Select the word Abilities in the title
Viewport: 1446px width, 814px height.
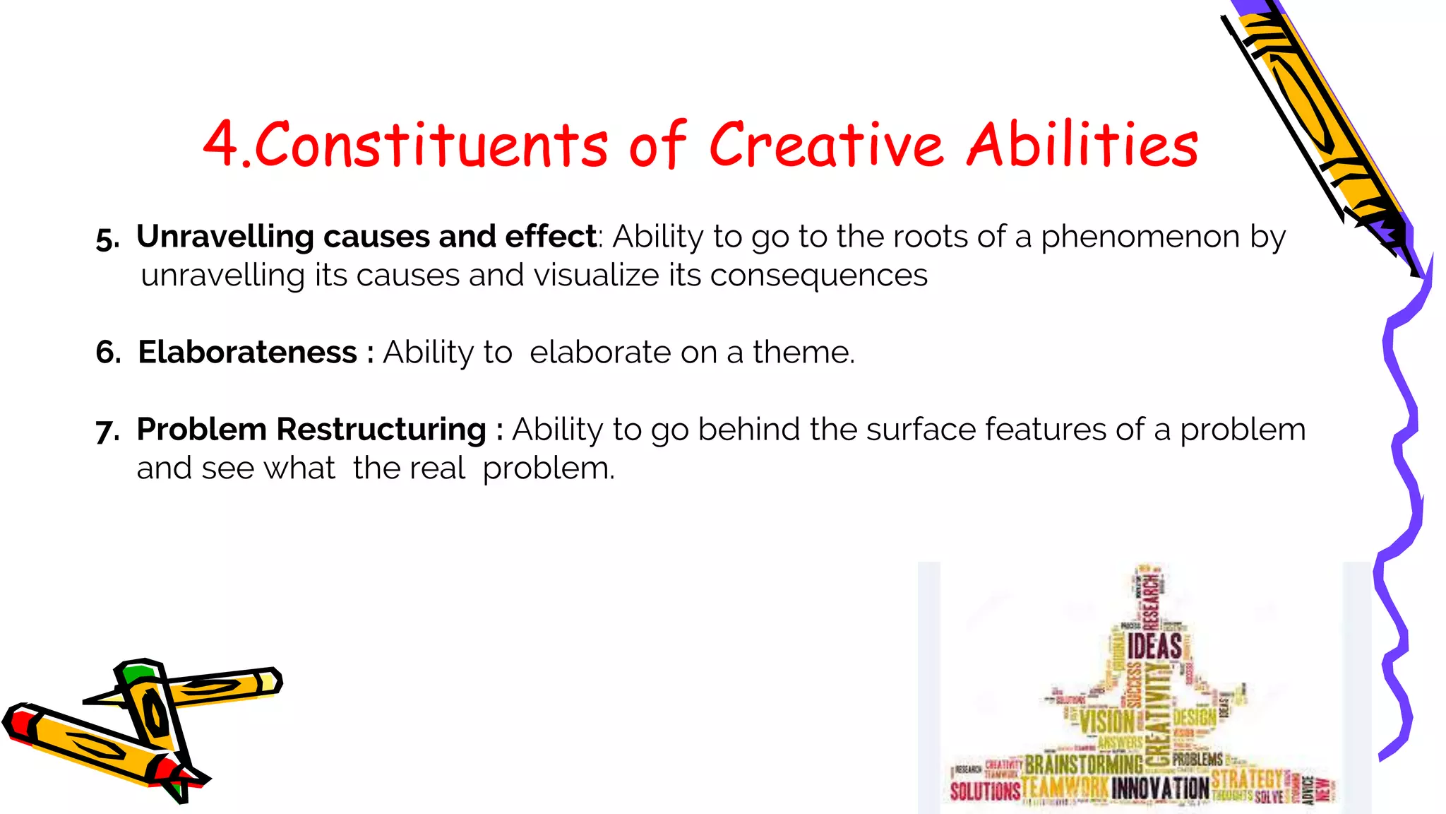pos(1082,145)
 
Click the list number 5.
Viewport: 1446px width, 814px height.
pos(107,239)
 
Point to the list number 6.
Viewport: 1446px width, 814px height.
pos(108,352)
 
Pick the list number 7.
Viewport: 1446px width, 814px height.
pos(107,430)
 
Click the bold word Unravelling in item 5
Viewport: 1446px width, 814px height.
pos(225,237)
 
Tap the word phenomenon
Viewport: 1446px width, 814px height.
pos(1140,237)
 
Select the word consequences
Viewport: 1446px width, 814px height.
pos(818,276)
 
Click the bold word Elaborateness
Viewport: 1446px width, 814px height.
pos(247,352)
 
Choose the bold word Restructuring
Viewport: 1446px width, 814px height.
pos(381,430)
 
